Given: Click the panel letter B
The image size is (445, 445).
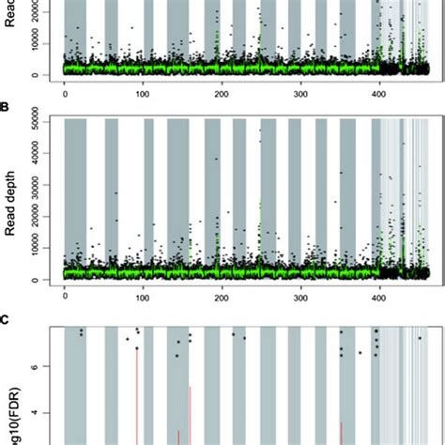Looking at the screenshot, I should click(5, 108).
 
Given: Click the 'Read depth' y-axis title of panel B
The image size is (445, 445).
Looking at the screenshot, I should click(12, 200).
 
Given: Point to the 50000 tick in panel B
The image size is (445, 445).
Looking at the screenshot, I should click(38, 119).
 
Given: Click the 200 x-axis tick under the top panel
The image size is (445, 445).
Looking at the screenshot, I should click(222, 93).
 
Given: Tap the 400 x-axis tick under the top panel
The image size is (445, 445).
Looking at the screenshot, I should click(379, 93).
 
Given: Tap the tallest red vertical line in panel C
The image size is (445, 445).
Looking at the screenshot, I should click(137, 394).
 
